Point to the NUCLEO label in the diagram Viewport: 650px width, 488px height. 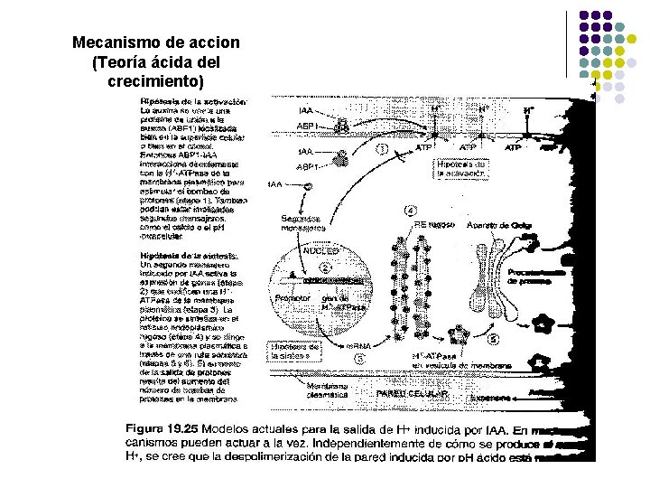(321, 251)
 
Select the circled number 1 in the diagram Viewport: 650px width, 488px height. (382, 149)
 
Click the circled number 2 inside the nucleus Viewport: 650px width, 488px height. (324, 268)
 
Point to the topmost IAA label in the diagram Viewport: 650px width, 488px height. (306, 110)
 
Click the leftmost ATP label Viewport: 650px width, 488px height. (422, 146)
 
